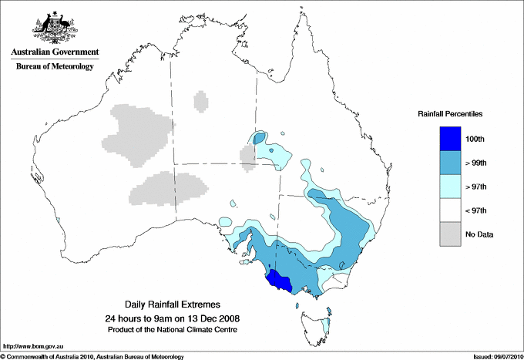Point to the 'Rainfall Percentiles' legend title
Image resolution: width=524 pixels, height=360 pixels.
[450, 113]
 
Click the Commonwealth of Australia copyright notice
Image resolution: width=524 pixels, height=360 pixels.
[92, 355]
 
